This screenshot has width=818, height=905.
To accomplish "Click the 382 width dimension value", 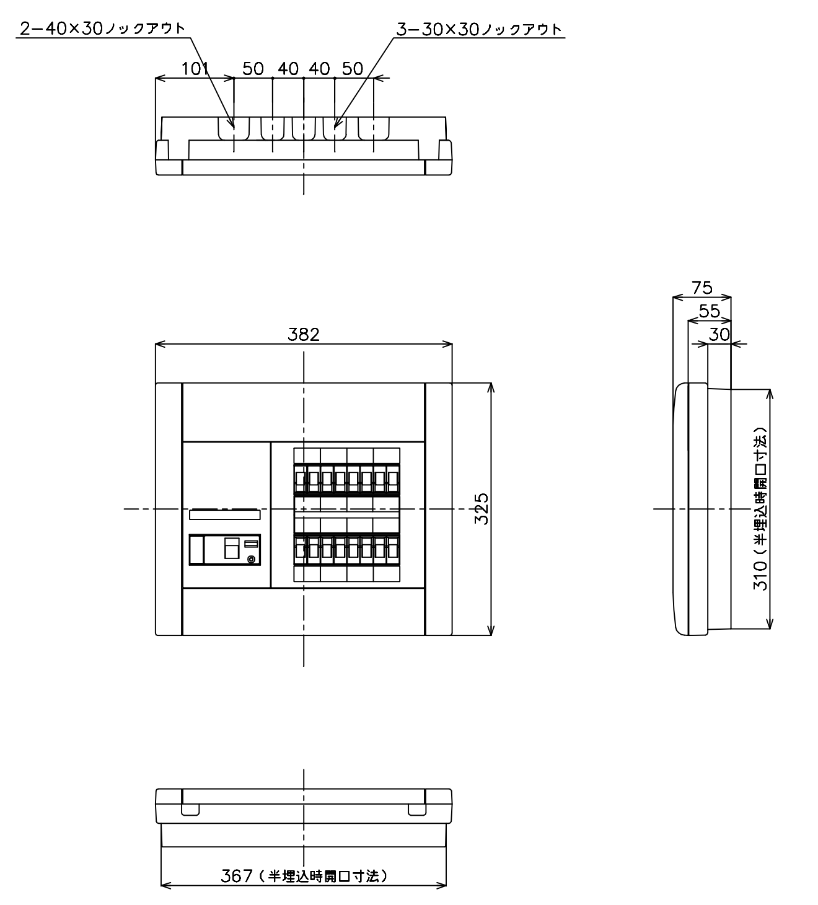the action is tap(303, 334).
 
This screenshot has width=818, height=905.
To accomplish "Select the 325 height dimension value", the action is tap(482, 508).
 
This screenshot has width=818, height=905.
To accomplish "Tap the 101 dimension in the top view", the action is tap(195, 69).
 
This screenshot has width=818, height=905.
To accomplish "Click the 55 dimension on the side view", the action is tap(710, 311).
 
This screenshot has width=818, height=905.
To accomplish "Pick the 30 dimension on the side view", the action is tap(719, 334).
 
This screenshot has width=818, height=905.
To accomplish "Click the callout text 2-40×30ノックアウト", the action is tap(102, 29).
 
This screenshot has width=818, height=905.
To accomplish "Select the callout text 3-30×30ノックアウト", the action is tap(478, 29).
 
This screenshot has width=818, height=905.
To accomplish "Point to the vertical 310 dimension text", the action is tap(760, 508).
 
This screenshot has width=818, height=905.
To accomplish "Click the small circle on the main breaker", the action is tap(252, 559).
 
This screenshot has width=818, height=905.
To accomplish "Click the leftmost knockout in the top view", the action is tap(234, 128).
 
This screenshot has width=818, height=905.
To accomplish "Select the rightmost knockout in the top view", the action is tap(374, 128).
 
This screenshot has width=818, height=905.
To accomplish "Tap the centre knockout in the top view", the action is tap(304, 128).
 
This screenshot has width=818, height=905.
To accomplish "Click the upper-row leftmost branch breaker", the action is tap(300, 479).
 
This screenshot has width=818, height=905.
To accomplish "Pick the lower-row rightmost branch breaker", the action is tap(393, 549).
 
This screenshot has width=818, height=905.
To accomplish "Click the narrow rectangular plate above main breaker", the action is tap(225, 514).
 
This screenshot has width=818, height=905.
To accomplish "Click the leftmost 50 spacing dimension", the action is tap(253, 69).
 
